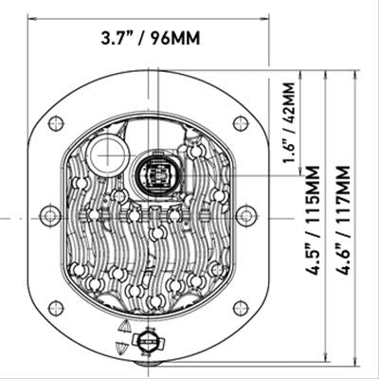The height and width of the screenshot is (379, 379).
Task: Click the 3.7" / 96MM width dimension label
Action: (151, 38)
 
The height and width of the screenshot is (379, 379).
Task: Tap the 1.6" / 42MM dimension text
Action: (289, 122)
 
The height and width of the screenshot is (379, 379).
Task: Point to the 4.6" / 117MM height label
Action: (343, 220)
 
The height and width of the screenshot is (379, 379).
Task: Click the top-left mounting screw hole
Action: (56, 123)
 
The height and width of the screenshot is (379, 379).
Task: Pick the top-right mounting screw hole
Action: (241, 123)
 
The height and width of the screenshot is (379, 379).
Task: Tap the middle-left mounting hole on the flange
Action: (50, 216)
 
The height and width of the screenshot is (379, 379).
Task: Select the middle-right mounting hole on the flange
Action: (246, 216)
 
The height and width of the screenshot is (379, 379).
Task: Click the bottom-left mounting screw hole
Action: (56, 308)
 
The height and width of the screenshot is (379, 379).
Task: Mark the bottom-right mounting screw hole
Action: (241, 308)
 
